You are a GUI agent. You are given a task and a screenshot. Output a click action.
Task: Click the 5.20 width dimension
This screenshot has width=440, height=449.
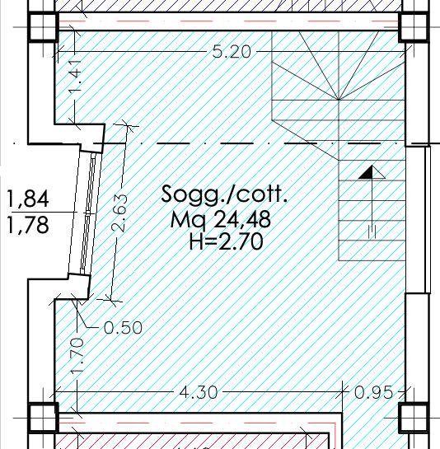tap(232, 52)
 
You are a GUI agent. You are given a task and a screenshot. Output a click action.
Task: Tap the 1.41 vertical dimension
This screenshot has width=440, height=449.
tap(75, 76)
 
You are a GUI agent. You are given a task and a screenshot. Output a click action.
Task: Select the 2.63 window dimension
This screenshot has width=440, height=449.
tap(119, 213)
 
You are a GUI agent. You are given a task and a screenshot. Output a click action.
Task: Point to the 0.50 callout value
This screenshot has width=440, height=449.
tap(123, 328)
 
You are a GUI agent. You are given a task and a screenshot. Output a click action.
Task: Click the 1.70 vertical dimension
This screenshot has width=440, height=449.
tap(77, 355)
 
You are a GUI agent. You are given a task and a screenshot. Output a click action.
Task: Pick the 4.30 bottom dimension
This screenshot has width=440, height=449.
tap(199, 392)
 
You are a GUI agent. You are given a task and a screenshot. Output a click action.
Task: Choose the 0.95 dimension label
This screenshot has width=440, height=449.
tap(373, 392)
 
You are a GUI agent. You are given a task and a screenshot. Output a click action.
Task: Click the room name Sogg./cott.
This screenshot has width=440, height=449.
tap(224, 194)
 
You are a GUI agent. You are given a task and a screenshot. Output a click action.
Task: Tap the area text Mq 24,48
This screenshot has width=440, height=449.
tap(221, 219)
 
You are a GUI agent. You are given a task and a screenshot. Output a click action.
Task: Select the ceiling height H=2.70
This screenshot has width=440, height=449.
tap(226, 241)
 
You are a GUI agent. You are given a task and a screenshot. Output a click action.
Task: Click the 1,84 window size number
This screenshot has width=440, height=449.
tap(28, 199)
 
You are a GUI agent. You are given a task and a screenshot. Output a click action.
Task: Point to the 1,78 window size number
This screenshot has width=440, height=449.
tap(28, 225)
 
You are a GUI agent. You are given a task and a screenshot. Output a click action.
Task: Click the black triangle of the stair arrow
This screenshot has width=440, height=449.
tap(367, 172)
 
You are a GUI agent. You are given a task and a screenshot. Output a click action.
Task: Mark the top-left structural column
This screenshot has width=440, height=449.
tap(42, 27)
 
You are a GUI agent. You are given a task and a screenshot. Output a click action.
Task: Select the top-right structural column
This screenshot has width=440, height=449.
tap(414, 27)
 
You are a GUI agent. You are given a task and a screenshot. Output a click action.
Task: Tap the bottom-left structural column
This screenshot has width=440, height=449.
tap(43, 418)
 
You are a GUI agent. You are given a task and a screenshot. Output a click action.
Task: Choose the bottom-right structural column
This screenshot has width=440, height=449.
tap(414, 418)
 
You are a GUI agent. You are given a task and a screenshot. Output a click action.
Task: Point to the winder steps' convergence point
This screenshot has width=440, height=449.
tap(339, 100)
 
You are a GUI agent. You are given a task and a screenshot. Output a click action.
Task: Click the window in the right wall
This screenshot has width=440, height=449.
tap(419, 220)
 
